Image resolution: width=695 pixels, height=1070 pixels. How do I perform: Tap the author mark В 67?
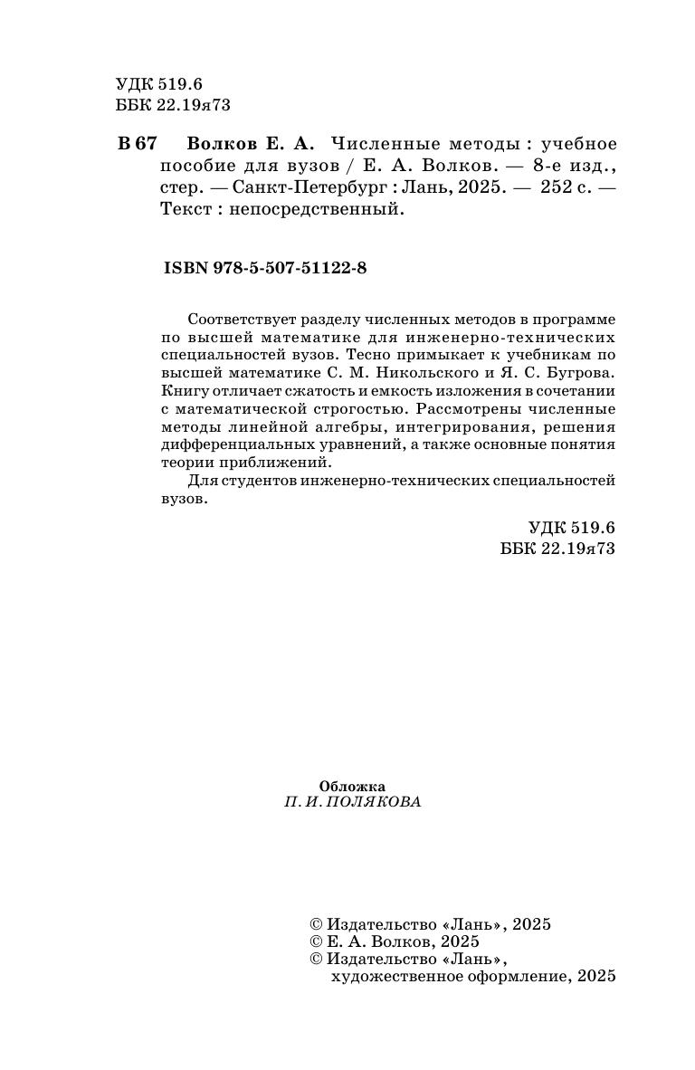click(x=138, y=144)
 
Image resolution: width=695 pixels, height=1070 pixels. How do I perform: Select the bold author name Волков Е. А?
click(x=251, y=144)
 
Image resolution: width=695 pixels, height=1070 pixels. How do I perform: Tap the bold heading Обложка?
click(x=353, y=787)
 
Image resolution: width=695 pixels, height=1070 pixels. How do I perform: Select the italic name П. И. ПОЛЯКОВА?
click(x=352, y=803)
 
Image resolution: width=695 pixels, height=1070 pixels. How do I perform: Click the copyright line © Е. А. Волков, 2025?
click(x=395, y=941)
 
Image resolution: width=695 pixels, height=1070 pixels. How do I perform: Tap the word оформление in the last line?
click(x=522, y=977)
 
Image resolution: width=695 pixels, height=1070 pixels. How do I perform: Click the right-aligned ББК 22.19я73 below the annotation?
click(x=557, y=549)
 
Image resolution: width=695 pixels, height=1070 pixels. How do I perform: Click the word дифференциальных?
click(x=233, y=445)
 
